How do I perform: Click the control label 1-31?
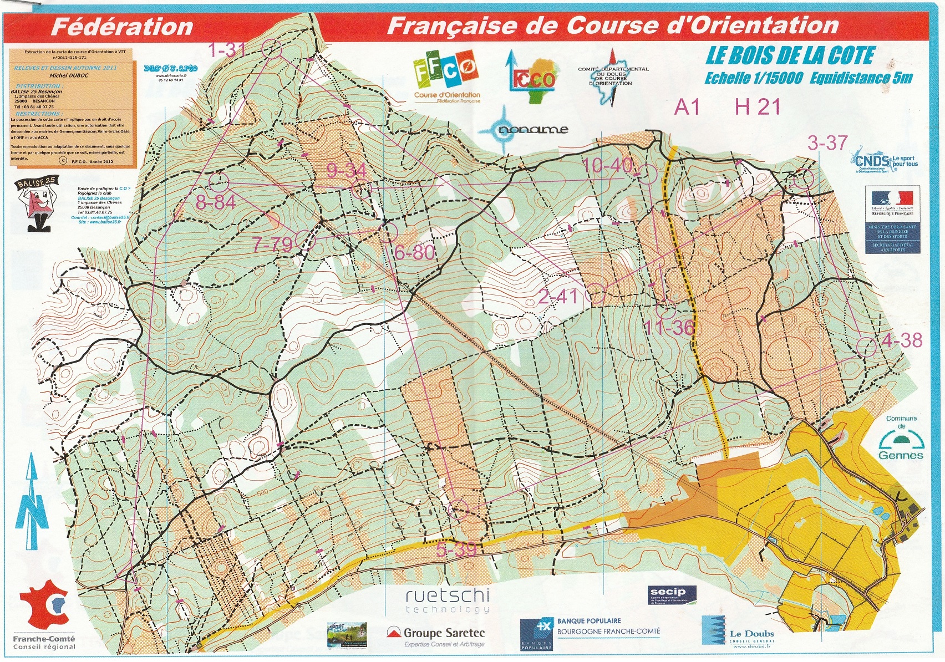tap(226, 50)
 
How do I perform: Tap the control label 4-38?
tap(901, 340)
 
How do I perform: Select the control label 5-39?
tap(456, 549)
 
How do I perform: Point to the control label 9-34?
tap(347, 170)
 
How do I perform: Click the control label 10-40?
tap(607, 165)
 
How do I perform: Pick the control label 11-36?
tap(669, 328)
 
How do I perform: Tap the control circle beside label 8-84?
tap(219, 182)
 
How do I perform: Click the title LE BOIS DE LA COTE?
tap(790, 56)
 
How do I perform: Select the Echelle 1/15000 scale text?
tap(753, 78)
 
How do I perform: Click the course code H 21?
tap(757, 106)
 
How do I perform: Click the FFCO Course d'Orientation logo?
tap(446, 75)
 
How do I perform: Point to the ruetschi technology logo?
tap(447, 601)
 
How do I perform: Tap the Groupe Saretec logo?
tap(436, 635)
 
